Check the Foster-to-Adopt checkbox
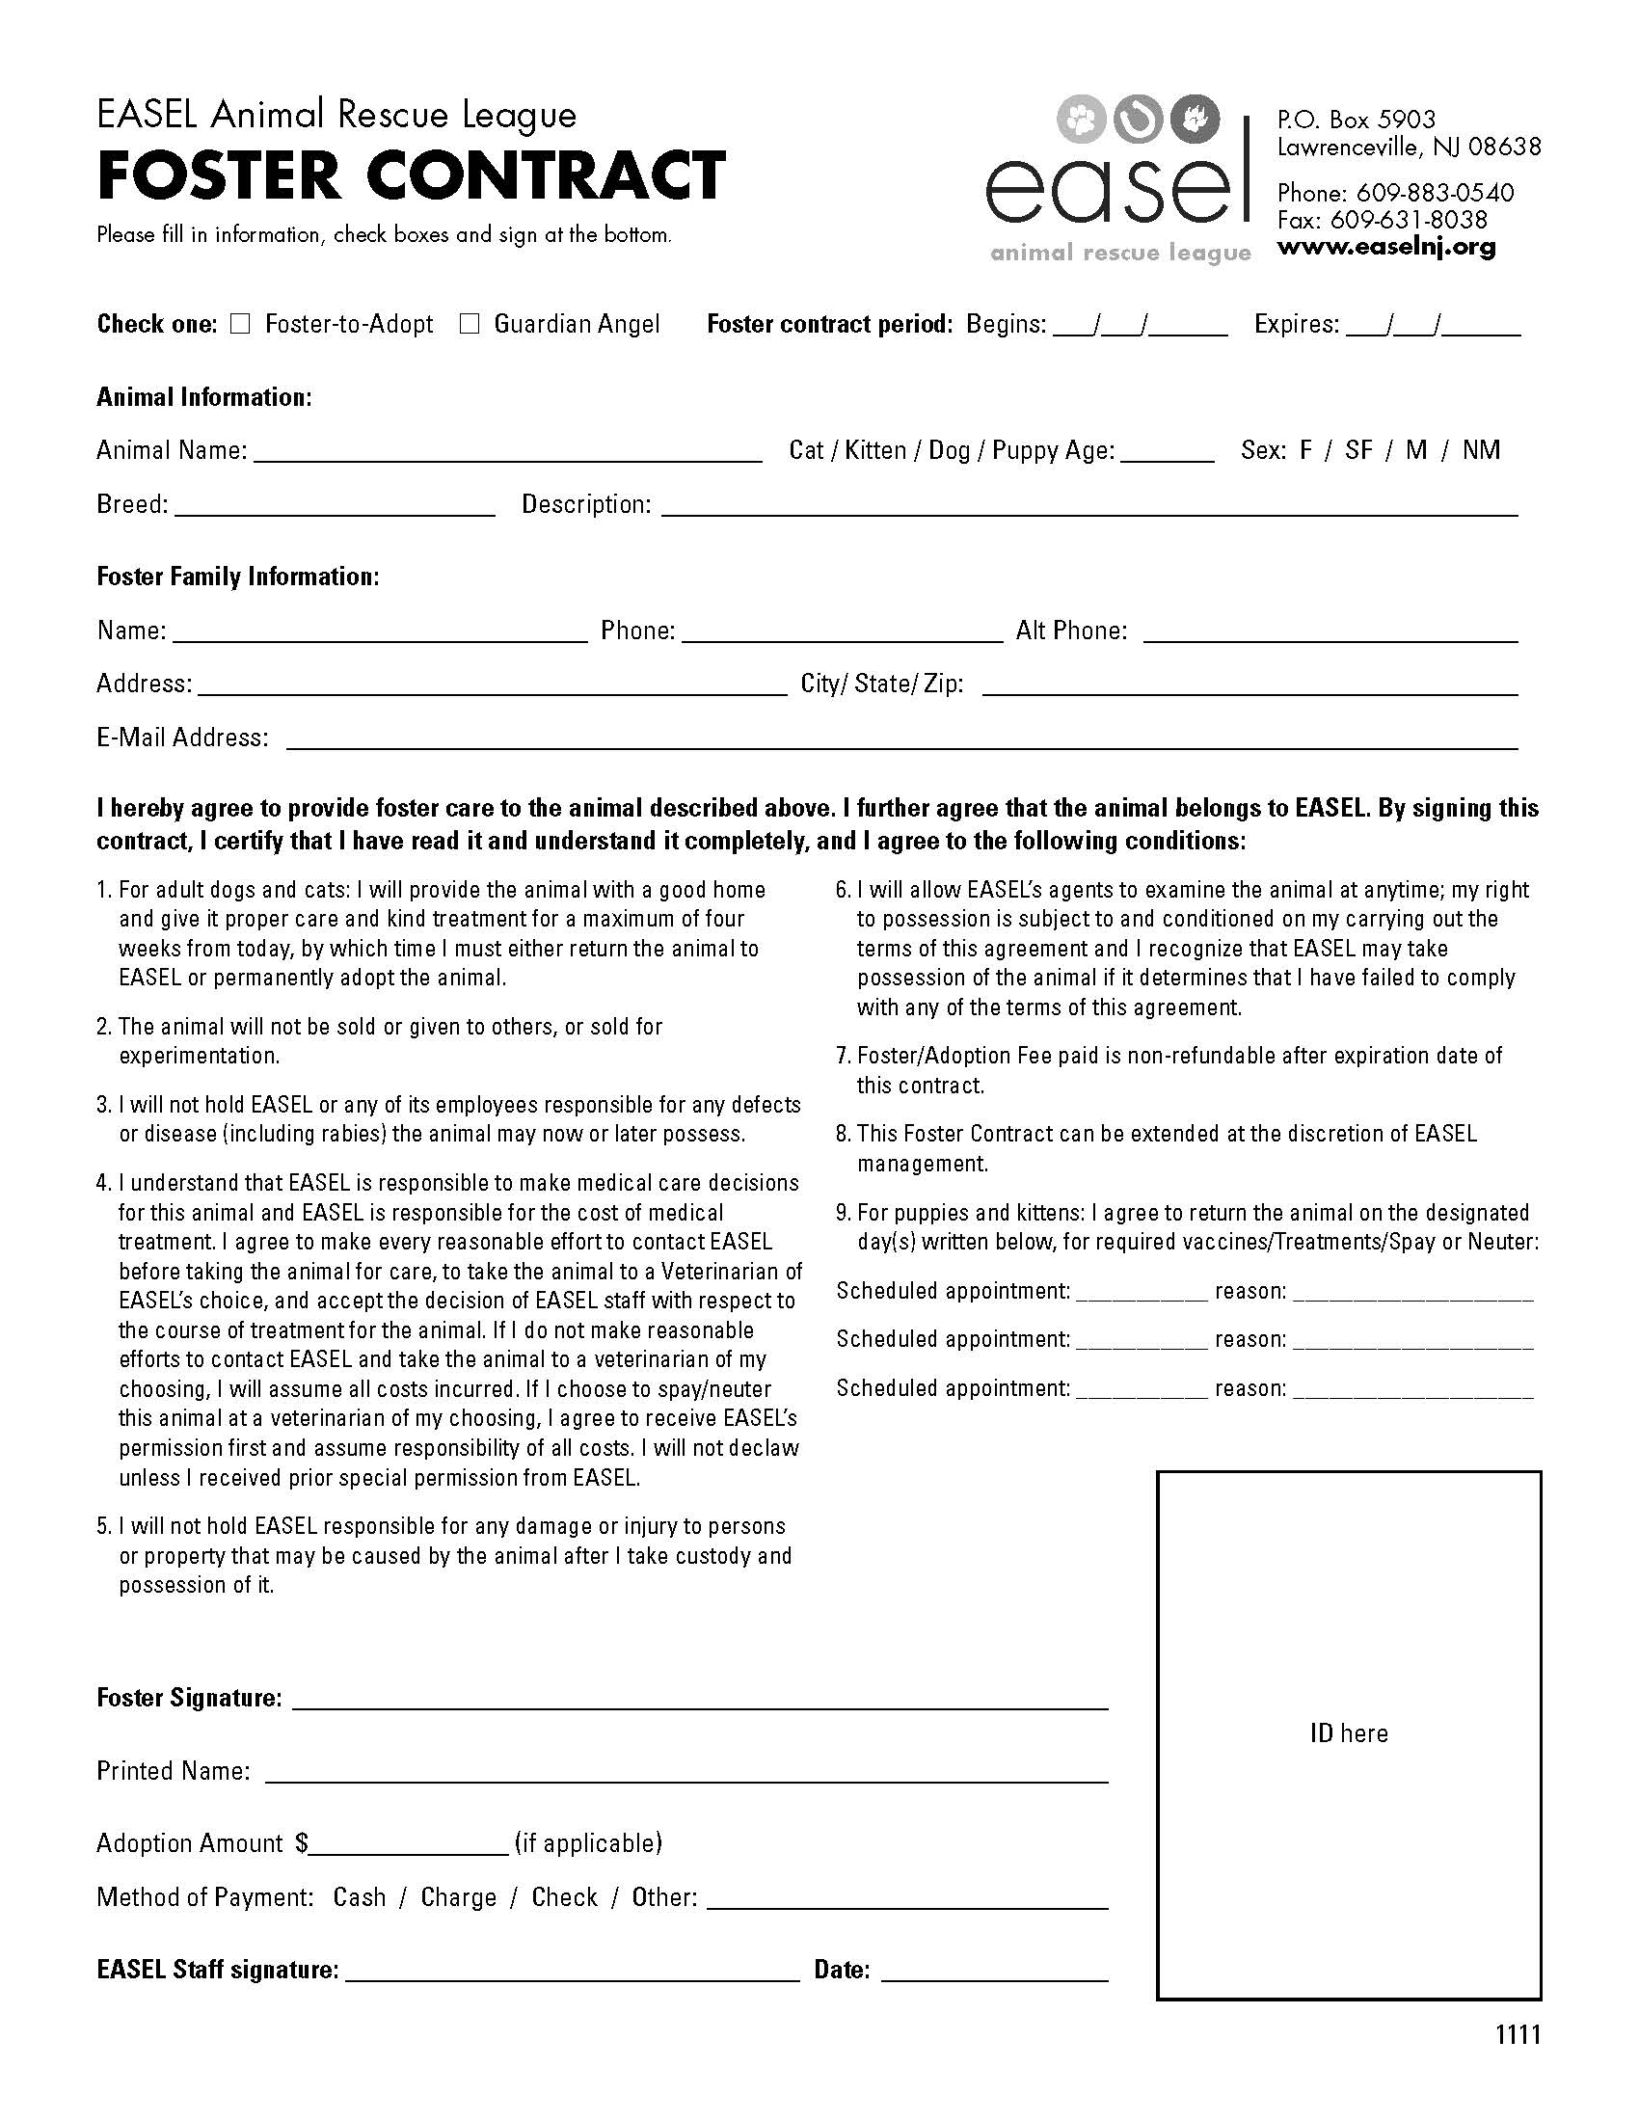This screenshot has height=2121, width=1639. pos(240,323)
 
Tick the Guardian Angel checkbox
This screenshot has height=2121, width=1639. pos(470,323)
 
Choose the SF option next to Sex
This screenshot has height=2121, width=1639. pos(1358,450)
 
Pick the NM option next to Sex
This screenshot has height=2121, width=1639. pos(1481,450)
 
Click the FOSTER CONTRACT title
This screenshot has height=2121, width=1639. pos(411,175)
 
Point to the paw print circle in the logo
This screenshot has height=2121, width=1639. pos(1081,120)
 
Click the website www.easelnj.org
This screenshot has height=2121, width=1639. pos(1385,247)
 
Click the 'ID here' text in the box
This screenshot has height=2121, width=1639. pos(1349,1733)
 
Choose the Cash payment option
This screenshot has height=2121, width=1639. pos(360,1897)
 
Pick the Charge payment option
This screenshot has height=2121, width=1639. pos(458,1897)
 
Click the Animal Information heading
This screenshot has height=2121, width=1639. pos(203,397)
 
